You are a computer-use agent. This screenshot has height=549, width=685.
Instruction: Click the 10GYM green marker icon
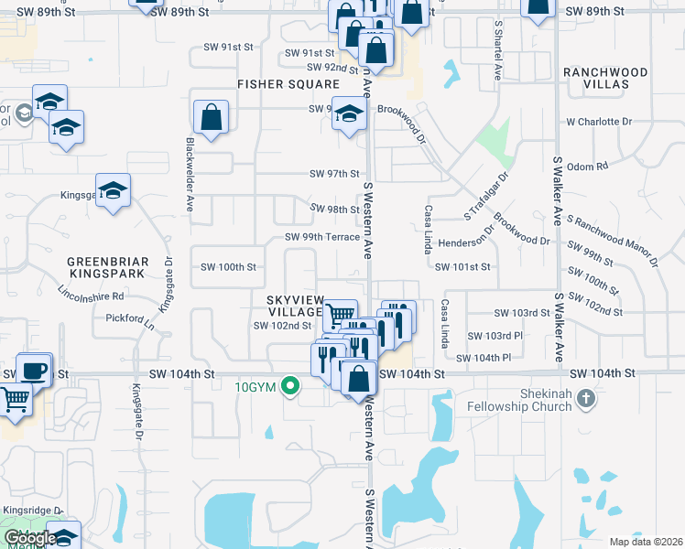(x=290, y=386)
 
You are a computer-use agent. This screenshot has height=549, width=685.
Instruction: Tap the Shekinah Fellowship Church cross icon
(x=587, y=399)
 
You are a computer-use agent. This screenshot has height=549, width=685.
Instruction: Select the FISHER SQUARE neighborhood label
(x=288, y=84)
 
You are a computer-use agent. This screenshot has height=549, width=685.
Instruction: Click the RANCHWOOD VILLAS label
(x=605, y=78)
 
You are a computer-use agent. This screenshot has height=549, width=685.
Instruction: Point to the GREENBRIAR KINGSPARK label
(x=107, y=267)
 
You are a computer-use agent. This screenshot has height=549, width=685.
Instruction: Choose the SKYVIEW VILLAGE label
(x=295, y=306)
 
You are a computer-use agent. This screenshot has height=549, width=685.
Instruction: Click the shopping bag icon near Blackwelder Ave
(x=212, y=117)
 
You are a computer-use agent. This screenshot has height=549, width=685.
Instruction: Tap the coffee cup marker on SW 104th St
(x=34, y=371)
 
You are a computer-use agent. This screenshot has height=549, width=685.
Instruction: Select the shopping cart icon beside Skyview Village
(x=340, y=315)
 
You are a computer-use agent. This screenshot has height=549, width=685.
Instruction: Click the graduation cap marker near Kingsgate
(x=113, y=190)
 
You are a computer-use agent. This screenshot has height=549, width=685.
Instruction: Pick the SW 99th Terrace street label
(x=321, y=237)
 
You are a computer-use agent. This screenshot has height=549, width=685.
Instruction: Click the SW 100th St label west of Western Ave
(x=227, y=267)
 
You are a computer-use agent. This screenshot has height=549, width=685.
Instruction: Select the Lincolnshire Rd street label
(x=91, y=296)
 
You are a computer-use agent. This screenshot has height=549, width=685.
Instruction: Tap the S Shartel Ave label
(x=498, y=51)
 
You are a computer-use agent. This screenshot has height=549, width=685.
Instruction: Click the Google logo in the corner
(x=30, y=538)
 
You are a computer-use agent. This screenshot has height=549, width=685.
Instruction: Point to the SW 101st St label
(x=462, y=267)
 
